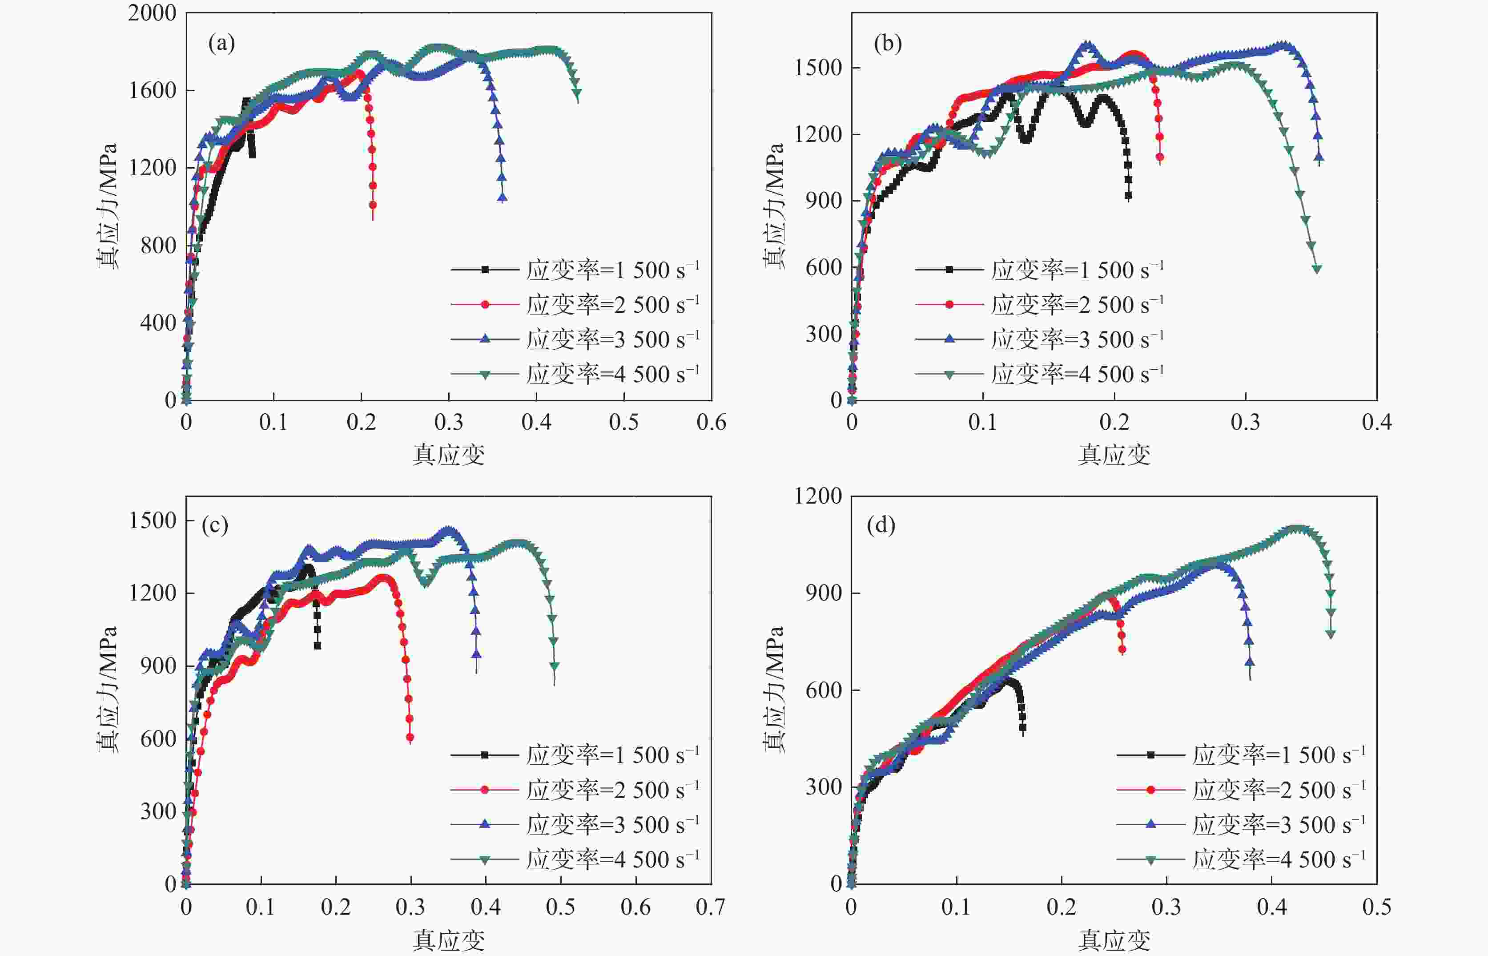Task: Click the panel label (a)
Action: pyautogui.click(x=221, y=44)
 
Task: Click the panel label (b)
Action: pyautogui.click(x=887, y=44)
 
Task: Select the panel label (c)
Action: pyautogui.click(x=215, y=525)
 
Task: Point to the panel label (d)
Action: pyautogui.click(x=881, y=525)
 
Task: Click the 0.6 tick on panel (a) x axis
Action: pyautogui.click(x=711, y=423)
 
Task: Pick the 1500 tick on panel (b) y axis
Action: pyautogui.click(x=818, y=68)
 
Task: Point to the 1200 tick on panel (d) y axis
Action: pyautogui.click(x=818, y=496)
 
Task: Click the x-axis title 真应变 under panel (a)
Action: pyautogui.click(x=448, y=455)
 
